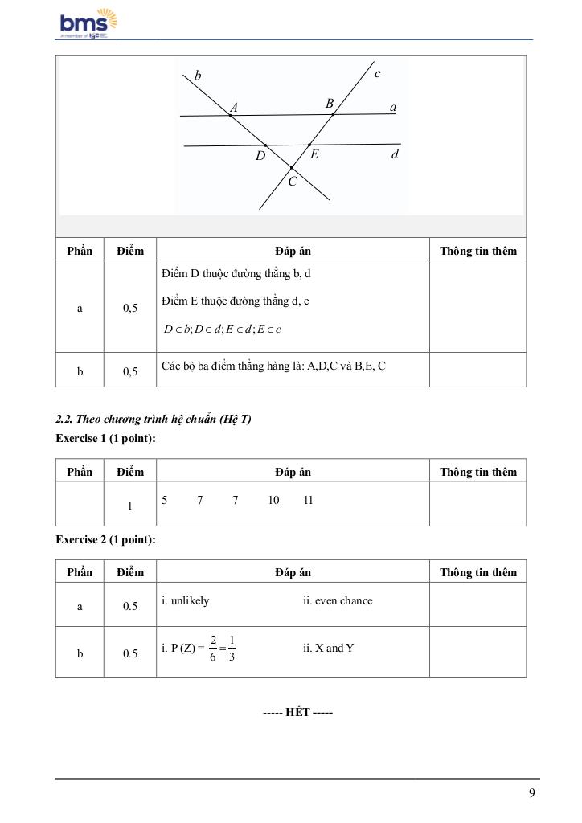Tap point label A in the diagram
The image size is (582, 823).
234,108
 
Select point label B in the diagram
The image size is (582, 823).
330,104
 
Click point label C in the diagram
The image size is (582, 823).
293,182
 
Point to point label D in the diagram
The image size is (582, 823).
260,156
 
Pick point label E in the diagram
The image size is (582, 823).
314,154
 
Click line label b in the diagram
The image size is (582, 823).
198,76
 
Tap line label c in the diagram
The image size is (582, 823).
377,73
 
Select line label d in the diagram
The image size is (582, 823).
394,154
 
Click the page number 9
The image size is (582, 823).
532,794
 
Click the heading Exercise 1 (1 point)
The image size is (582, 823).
105,438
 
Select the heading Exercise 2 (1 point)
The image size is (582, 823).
105,539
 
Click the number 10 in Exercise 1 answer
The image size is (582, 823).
273,501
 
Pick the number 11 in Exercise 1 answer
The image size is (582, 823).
309,501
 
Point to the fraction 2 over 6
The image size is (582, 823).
213,649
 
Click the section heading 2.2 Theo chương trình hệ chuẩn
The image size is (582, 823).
154,419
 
